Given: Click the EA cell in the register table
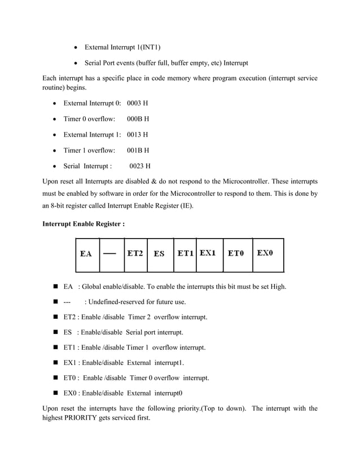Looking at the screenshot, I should click(x=87, y=254).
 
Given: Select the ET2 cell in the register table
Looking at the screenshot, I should click(x=134, y=254).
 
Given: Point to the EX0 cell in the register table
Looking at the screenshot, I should click(x=266, y=253).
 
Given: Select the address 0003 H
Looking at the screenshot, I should click(x=138, y=103).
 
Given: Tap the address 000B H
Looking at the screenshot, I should click(x=138, y=119).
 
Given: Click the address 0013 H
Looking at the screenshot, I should click(x=138, y=135).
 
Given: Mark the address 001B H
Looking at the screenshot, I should click(x=138, y=151).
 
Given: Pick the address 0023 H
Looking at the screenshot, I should click(x=140, y=166).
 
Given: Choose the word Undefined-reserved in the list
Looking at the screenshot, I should click(x=120, y=302).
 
